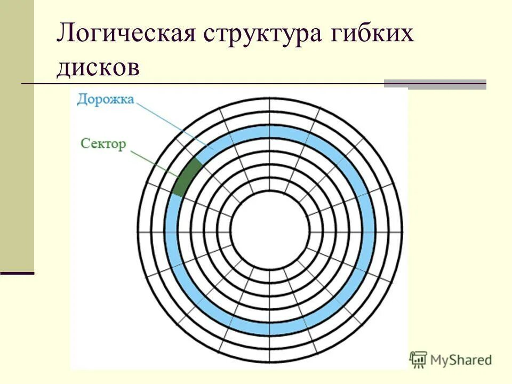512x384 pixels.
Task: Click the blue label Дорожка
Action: [x=105, y=100]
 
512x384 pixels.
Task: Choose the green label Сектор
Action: [x=103, y=143]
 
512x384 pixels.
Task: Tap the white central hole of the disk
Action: [x=270, y=233]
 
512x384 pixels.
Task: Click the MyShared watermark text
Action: [x=461, y=360]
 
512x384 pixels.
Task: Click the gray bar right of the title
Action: [x=435, y=84]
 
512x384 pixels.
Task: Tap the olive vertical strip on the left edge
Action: [x=17, y=133]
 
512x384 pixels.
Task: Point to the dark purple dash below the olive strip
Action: [x=17, y=273]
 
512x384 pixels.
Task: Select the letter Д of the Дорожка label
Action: [x=82, y=100]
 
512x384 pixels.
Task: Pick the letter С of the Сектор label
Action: [x=85, y=143]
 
